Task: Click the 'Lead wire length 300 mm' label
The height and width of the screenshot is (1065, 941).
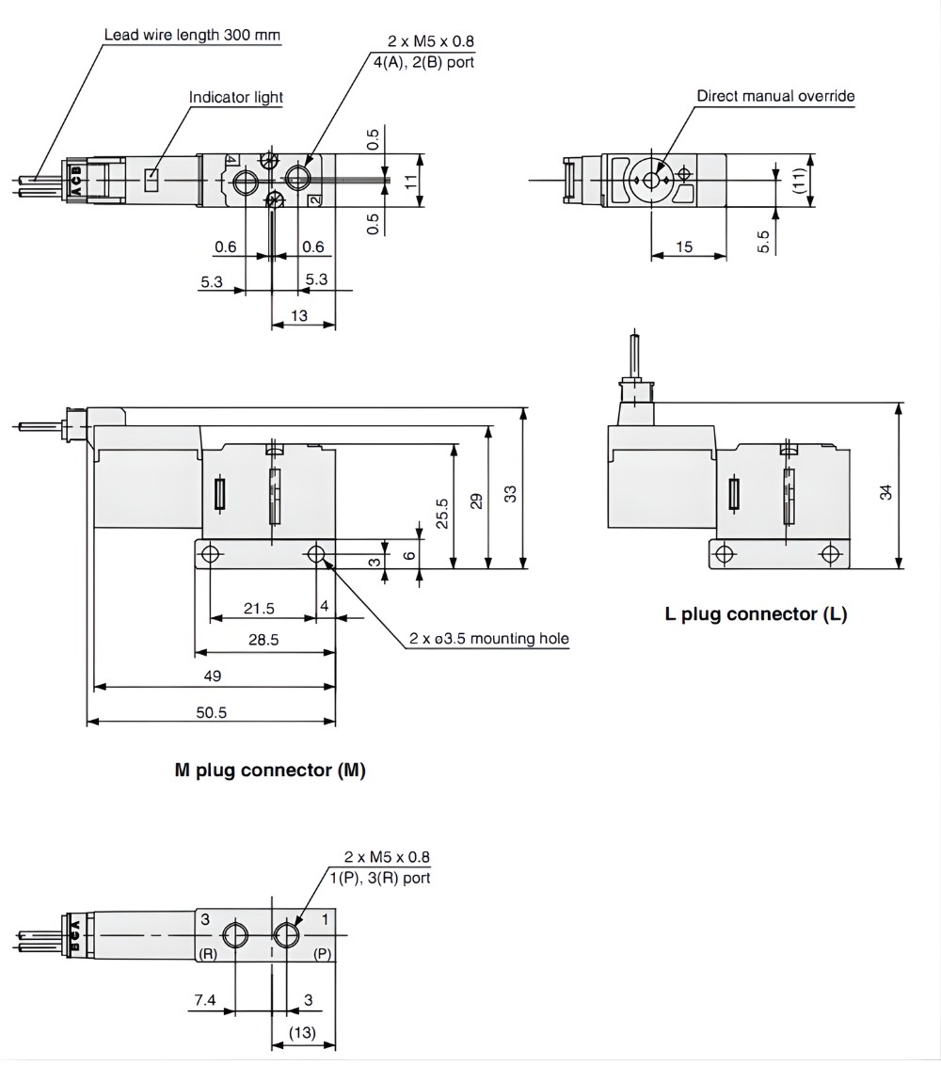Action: pyautogui.click(x=192, y=36)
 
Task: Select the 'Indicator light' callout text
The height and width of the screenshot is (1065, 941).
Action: pyautogui.click(x=235, y=97)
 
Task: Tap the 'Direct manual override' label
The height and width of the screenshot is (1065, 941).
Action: pyautogui.click(x=775, y=96)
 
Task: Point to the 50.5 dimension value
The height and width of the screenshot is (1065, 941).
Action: pyautogui.click(x=211, y=712)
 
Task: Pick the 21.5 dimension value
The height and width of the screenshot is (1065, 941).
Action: pyautogui.click(x=259, y=609)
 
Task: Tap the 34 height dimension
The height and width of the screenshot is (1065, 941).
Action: pyautogui.click(x=885, y=490)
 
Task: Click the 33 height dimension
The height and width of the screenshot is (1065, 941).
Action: pyautogui.click(x=510, y=493)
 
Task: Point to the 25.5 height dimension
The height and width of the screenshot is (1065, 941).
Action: pyautogui.click(x=442, y=514)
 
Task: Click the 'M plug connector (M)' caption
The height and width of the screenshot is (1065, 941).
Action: pyautogui.click(x=270, y=770)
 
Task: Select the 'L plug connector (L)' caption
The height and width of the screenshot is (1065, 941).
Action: pyautogui.click(x=756, y=614)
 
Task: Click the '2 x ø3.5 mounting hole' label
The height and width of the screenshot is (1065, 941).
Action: pyautogui.click(x=488, y=639)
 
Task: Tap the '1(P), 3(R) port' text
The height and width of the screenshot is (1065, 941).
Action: pyautogui.click(x=379, y=878)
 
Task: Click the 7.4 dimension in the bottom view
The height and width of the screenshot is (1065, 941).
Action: pyautogui.click(x=204, y=1001)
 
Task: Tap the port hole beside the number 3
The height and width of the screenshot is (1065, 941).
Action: pyautogui.click(x=235, y=935)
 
